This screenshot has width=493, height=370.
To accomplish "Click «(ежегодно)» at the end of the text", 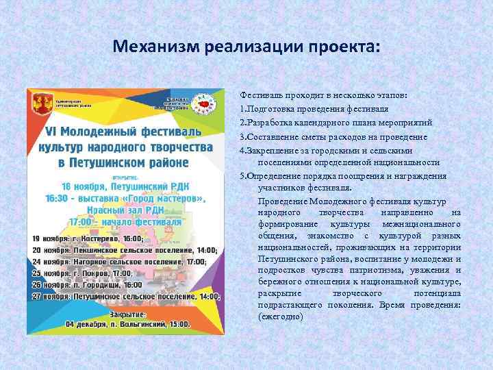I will coord(280,317).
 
